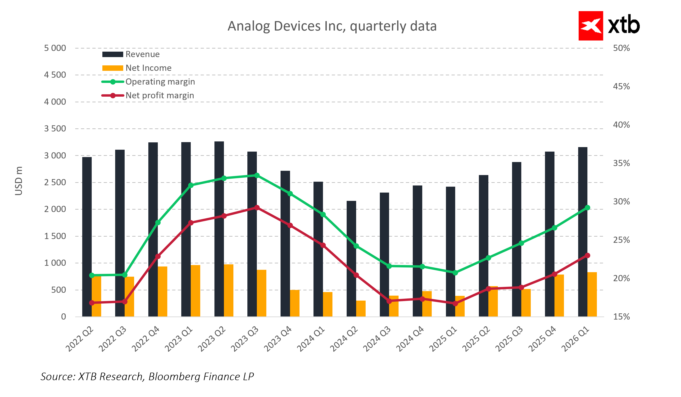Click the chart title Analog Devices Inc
(332, 26)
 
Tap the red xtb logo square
(590, 26)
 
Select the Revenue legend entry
(142, 54)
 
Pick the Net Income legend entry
(148, 68)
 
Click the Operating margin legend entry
(160, 82)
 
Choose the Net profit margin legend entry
(159, 96)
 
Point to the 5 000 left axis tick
(55, 48)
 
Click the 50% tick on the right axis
(621, 48)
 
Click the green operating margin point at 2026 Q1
(587, 208)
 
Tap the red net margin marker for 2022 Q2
(92, 303)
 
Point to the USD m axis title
(19, 181)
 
